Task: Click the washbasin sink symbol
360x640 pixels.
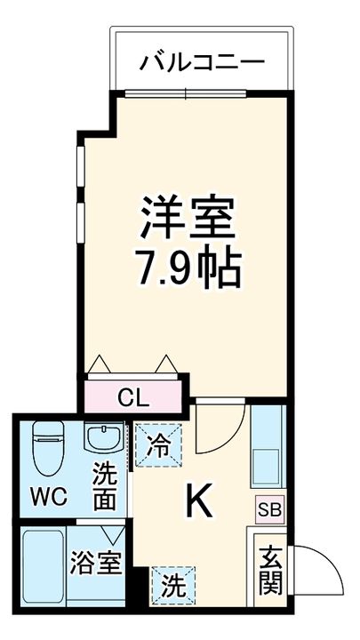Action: (x=105, y=439)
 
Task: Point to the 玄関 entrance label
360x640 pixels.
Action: (x=270, y=569)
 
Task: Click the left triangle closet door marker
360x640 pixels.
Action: (x=100, y=365)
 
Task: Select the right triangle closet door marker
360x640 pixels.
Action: (x=166, y=365)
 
